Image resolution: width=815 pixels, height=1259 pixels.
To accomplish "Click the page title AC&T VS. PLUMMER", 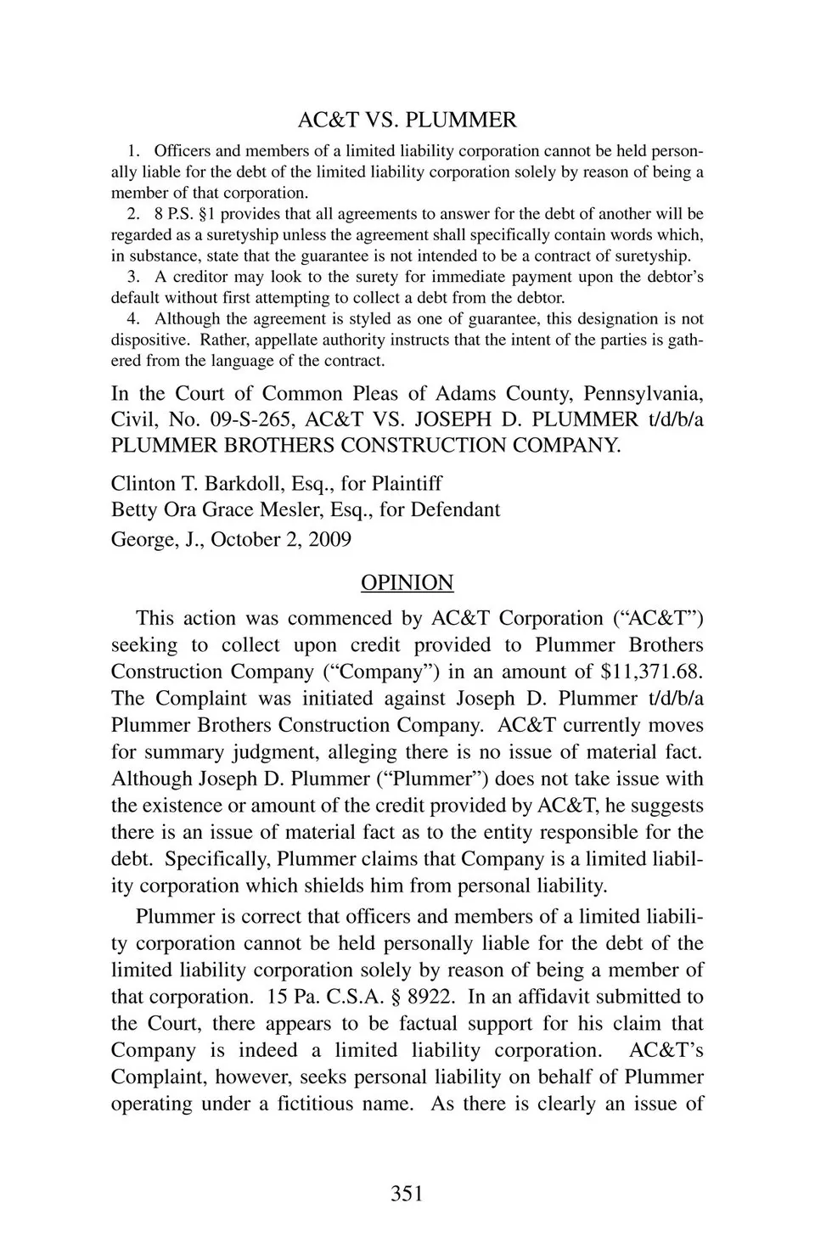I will tap(407, 120).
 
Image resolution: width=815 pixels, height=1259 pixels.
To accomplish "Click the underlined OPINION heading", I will tap(407, 582).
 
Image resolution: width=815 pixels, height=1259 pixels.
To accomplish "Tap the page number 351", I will tap(407, 1194).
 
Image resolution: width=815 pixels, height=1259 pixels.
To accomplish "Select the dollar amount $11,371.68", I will tap(651, 672).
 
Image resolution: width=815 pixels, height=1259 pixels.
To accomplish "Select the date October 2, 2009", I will tap(281, 540).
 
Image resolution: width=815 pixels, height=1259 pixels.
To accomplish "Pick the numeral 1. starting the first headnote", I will tap(133, 152).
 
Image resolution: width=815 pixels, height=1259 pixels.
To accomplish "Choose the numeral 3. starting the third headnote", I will tap(133, 278).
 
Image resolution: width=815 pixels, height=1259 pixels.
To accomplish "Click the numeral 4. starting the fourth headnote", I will tap(133, 319).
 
